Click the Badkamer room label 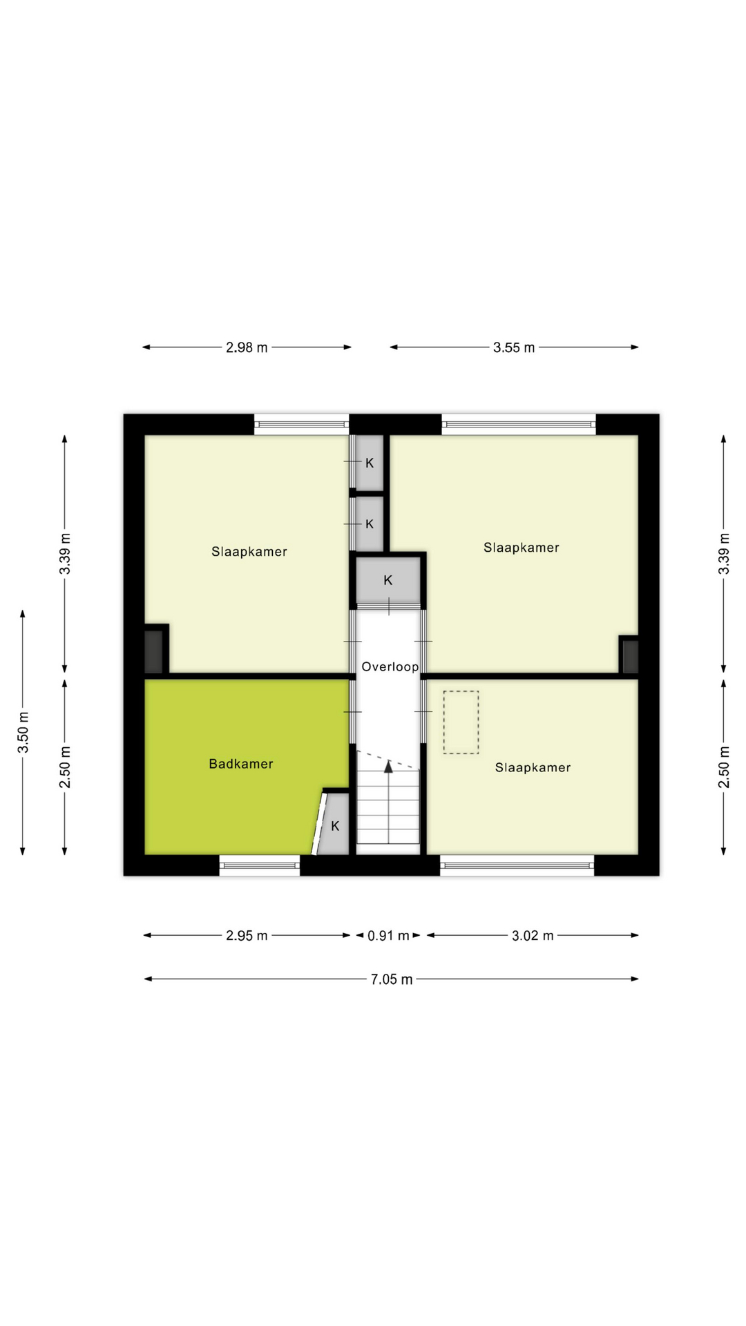pos(241,764)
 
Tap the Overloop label pos(390,667)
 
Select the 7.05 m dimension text pos(392,979)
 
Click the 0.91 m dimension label pos(388,936)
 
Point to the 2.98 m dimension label pos(247,348)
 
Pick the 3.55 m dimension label pos(514,348)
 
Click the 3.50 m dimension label pos(23,732)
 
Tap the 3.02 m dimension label pos(533,936)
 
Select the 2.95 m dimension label pos(247,936)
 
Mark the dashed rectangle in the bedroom pos(461,722)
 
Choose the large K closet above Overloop pos(388,580)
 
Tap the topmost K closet pos(370,463)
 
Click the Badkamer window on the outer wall pos(260,865)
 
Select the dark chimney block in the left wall pos(153,651)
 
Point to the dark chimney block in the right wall pos(629,656)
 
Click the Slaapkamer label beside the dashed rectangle pos(533,767)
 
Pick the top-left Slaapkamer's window pos(301,424)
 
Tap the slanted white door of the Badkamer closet pos(319,823)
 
